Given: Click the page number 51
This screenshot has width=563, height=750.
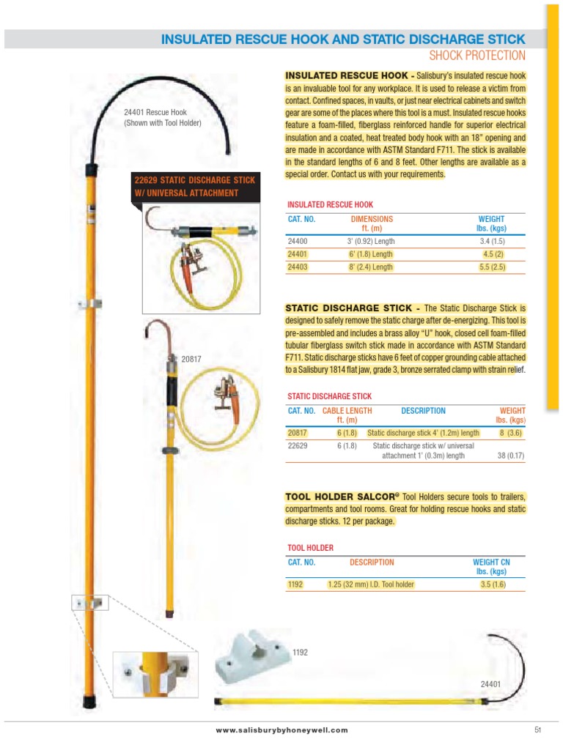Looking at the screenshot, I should [x=537, y=729].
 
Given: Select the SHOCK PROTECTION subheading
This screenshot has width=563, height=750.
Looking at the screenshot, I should [x=477, y=56].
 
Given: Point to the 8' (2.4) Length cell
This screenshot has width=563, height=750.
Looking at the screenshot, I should [x=370, y=267].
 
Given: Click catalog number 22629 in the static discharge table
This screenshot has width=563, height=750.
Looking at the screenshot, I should [x=297, y=445].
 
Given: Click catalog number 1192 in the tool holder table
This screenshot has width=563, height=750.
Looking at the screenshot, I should [x=295, y=584].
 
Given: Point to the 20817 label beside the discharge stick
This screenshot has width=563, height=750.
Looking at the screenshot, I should [x=191, y=359].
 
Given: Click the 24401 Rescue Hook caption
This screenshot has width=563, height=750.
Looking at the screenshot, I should [x=162, y=117].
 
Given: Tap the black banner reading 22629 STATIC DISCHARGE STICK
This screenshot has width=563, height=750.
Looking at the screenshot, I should [x=194, y=186].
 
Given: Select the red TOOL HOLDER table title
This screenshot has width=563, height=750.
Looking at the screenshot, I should [x=310, y=548].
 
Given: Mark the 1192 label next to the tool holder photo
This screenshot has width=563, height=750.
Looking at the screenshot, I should [x=300, y=651].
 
